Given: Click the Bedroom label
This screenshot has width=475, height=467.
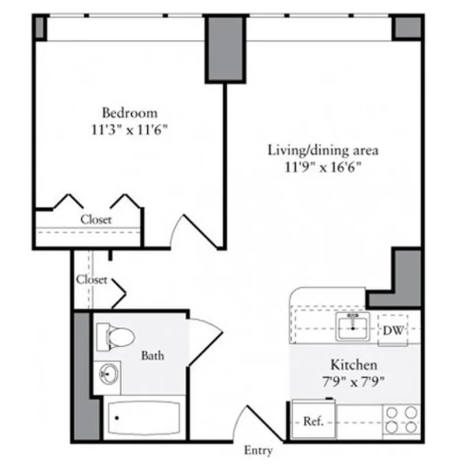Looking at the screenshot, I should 129,112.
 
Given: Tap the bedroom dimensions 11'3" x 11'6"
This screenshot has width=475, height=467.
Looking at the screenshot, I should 129,130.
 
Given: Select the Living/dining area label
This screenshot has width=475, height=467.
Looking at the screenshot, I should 323,150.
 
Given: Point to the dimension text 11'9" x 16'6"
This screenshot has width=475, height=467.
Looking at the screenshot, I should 323,168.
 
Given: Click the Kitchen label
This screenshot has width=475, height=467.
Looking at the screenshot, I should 353,365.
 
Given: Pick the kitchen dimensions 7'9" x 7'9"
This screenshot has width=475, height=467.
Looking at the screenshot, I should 353,382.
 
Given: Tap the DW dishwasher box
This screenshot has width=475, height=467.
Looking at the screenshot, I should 393,330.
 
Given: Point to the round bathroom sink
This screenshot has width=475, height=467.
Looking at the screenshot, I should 108,372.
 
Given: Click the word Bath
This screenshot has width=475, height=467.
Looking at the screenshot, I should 152,355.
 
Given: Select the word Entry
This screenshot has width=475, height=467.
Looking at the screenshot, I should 258,451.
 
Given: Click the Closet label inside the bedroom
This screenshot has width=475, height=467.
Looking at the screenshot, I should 96,220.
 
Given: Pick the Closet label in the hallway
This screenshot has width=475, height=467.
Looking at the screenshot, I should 92,280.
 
